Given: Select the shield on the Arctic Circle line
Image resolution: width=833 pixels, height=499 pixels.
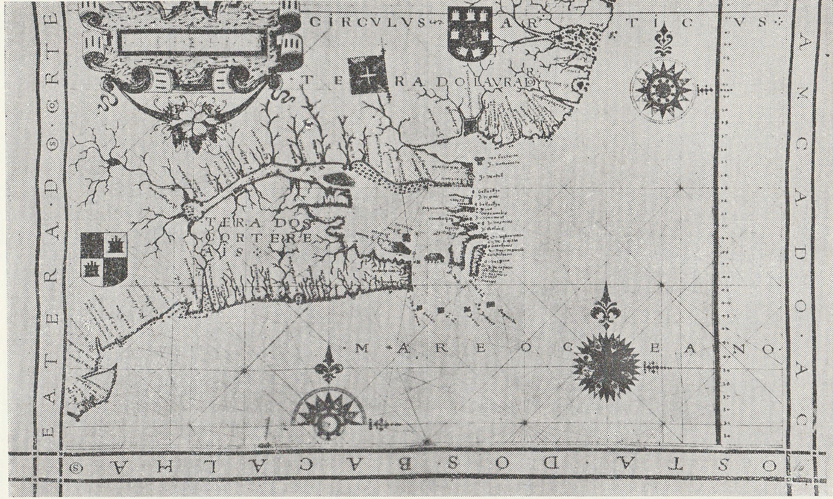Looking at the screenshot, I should pos(470,34).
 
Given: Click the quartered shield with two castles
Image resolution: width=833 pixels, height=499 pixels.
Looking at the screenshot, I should pos(104,259).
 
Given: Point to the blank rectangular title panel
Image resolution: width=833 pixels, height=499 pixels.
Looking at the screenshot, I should pos(190,43).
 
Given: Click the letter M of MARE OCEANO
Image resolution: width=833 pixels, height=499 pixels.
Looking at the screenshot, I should pos(361,348).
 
